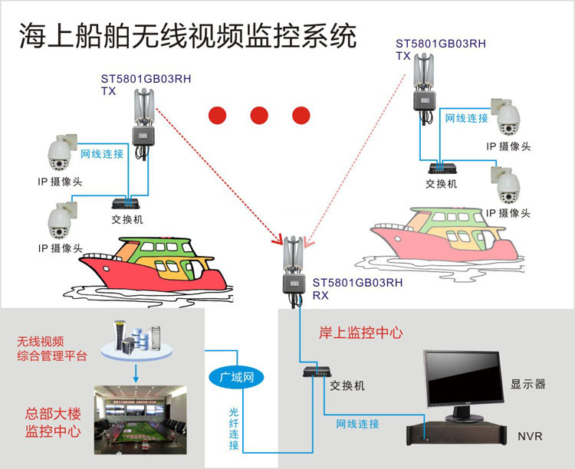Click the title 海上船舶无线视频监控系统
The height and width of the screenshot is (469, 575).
[x=188, y=35]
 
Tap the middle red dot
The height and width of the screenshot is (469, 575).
[x=258, y=116]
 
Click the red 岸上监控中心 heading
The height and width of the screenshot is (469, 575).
[x=360, y=333]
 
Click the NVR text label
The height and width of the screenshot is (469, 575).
[x=530, y=436]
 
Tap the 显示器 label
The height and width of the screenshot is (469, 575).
[x=529, y=384]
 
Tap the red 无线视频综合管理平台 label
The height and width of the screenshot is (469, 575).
[x=52, y=349]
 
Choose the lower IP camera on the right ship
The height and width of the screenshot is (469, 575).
[x=507, y=185]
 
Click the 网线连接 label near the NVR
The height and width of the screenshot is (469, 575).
[x=358, y=423]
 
